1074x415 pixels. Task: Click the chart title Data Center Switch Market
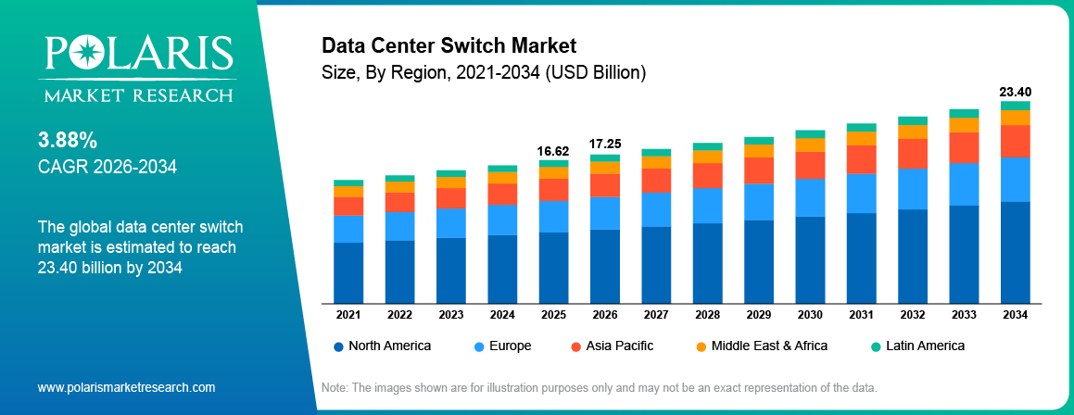449,45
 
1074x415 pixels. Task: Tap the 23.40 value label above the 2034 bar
1015,92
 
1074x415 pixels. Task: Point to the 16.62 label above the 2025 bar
553,150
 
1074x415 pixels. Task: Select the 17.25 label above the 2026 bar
605,145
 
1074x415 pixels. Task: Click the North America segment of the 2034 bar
1015,252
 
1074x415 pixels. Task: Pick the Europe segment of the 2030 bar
810,197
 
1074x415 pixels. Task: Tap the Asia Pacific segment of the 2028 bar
707,175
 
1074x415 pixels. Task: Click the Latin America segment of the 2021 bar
348,183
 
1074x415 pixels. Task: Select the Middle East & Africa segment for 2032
913,132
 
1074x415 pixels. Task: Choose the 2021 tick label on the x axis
348,315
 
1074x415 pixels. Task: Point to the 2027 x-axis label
656,315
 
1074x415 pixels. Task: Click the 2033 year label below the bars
964,315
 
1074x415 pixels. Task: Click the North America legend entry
381,346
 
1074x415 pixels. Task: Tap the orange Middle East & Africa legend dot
701,346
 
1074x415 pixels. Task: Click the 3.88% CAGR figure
68,141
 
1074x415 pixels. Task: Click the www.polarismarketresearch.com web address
126,386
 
